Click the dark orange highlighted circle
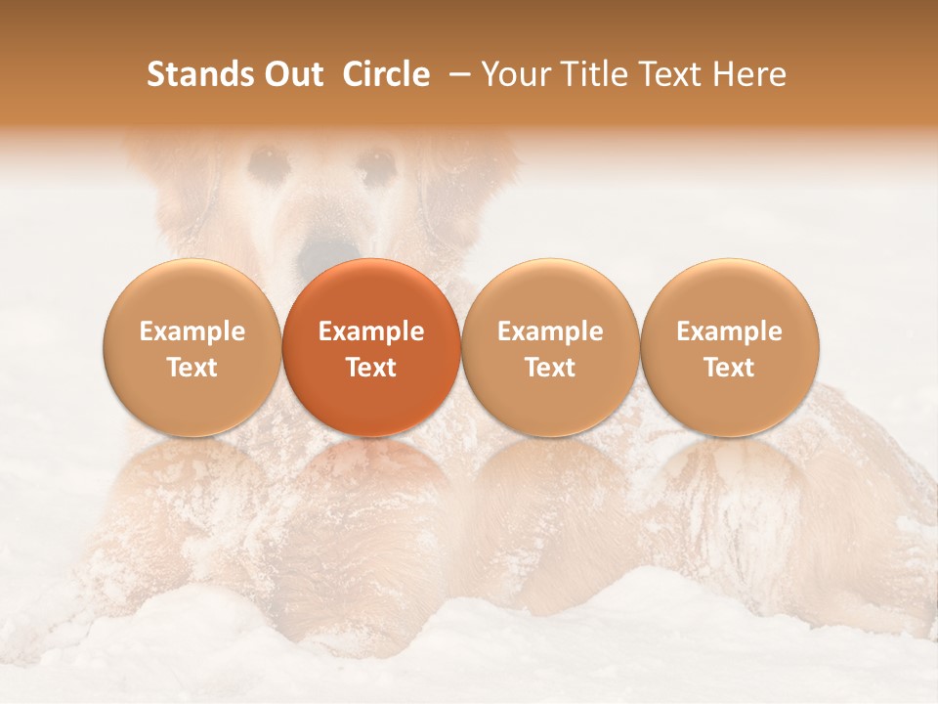pos(371,347)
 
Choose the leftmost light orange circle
pos(192,347)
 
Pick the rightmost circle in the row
pos(730,347)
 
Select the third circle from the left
pos(550,347)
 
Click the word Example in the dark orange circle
pos(371,331)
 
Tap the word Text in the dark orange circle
pos(371,368)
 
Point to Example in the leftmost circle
pos(192,331)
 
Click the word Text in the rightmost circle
pos(730,368)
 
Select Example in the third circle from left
pos(550,331)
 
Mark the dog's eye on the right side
pos(376,163)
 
